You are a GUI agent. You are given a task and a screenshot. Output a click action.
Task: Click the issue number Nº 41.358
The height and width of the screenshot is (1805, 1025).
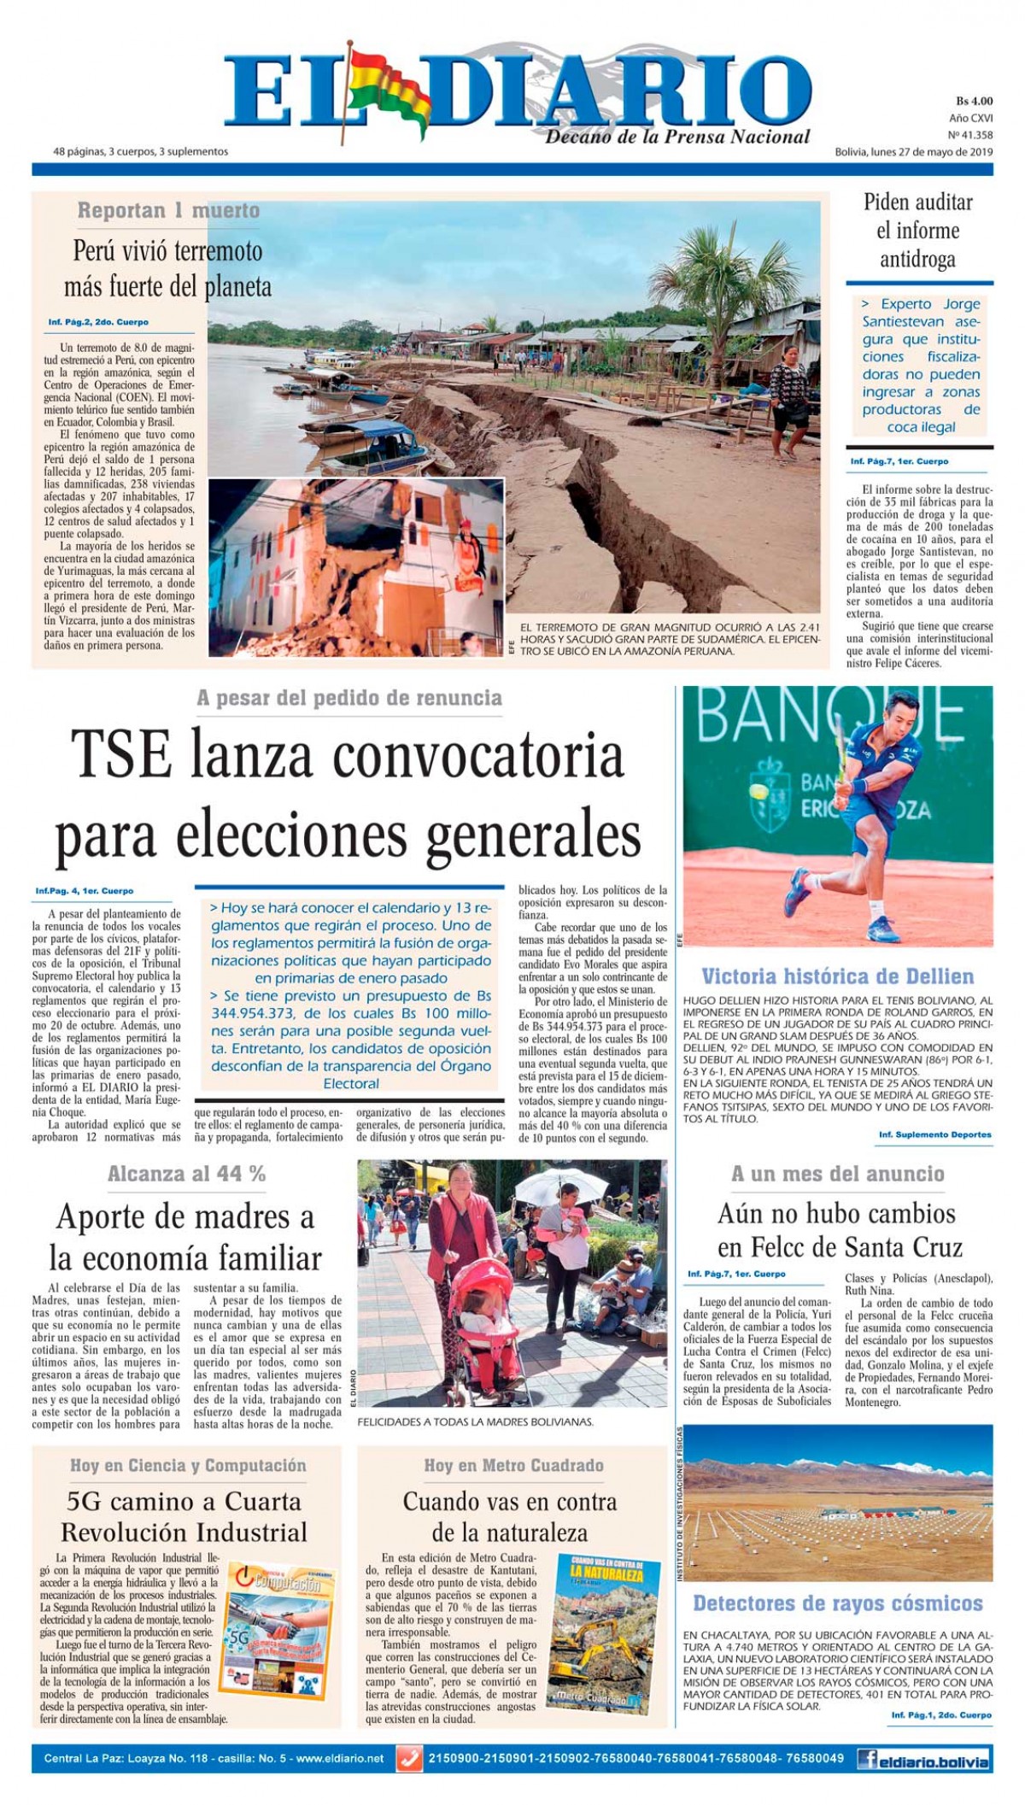(971, 134)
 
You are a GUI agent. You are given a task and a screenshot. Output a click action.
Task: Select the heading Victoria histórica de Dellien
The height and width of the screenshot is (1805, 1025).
(837, 976)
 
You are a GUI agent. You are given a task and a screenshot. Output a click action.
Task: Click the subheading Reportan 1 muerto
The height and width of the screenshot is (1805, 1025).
(168, 210)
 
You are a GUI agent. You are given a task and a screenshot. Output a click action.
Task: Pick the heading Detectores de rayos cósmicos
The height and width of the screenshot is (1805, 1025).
(837, 1603)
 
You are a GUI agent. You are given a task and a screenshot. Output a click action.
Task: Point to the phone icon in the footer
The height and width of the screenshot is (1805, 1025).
(410, 1759)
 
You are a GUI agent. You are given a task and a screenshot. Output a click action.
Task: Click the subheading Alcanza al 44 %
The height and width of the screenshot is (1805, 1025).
(186, 1174)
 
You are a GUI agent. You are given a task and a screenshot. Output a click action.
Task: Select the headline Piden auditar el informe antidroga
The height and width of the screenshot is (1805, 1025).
(917, 231)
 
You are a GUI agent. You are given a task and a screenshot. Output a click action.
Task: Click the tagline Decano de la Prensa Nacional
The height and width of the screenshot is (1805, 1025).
(678, 137)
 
